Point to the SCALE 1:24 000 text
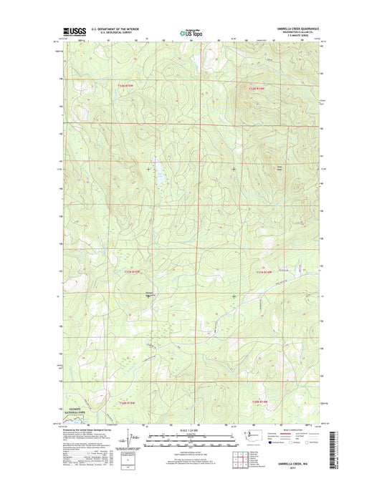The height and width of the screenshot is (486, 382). tap(191, 429)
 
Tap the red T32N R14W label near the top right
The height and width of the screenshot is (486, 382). tap(257, 88)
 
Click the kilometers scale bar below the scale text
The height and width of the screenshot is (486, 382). tap(191, 435)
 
